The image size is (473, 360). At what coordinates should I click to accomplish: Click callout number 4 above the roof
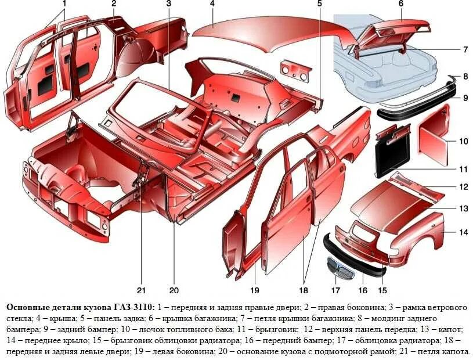tap(212, 3)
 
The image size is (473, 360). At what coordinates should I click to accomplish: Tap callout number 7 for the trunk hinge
tap(465, 49)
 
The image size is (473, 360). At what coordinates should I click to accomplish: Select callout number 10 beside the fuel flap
tap(463, 141)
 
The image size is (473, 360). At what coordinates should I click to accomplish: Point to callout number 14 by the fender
tap(463, 232)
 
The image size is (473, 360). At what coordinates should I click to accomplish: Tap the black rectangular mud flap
tap(395, 152)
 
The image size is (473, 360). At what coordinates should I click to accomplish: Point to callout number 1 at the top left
tap(64, 3)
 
